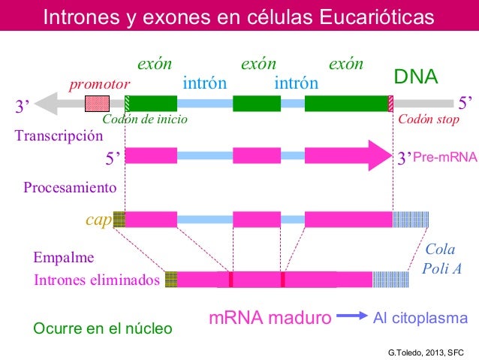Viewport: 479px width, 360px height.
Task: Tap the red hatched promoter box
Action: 97,104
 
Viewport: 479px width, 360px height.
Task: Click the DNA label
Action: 417,78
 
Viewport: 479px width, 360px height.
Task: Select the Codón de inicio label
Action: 144,119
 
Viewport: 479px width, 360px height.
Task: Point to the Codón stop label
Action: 429,119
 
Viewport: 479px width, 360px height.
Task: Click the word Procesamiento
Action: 70,186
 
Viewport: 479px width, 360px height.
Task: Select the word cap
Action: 98,219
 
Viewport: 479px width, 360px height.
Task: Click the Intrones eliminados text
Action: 98,280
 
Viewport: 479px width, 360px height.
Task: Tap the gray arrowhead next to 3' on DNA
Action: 47,104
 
